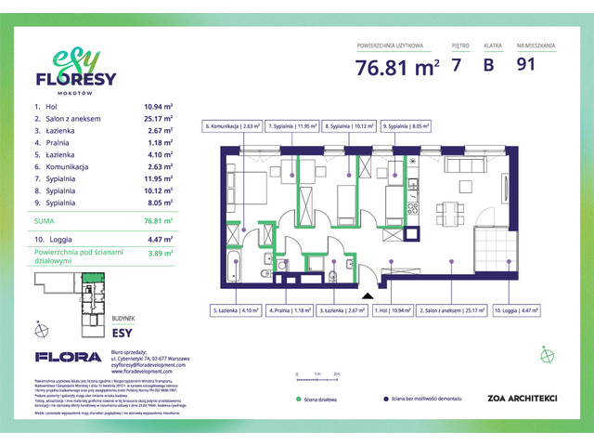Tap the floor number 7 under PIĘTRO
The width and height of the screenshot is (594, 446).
pyautogui.click(x=455, y=65)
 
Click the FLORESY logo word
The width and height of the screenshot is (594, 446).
pyautogui.click(x=74, y=79)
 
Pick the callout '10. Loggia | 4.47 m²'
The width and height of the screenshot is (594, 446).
pyautogui.click(x=519, y=312)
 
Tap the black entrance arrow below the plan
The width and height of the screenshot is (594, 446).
pyautogui.click(x=368, y=296)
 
